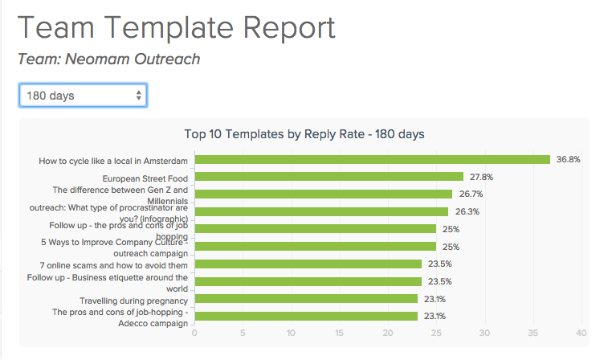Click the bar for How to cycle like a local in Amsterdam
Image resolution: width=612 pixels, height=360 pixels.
pos(373,159)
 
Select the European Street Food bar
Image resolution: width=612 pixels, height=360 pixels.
pos(329,177)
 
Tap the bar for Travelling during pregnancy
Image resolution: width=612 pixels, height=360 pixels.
pos(306,299)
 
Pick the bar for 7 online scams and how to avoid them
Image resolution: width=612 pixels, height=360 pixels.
pos(308,264)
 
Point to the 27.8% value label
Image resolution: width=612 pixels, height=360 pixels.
pos(482,177)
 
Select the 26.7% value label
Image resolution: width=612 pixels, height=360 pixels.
pos(471,194)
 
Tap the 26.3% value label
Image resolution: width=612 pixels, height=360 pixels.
pos(467,212)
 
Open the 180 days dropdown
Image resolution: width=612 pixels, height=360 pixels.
pos(84,96)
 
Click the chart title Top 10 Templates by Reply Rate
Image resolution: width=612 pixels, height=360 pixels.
pos(304,134)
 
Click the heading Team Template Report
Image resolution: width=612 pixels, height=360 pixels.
pos(176,28)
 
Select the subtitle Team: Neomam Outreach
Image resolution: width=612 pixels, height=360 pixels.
pos(108,59)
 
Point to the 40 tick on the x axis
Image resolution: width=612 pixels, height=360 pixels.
pos(581,333)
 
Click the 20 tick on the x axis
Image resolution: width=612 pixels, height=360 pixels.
pos(388,333)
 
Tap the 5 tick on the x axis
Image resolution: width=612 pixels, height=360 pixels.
pos(243,333)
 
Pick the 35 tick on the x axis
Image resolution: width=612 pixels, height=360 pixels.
pos(533,333)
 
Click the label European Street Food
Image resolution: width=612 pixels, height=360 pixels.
pos(145,178)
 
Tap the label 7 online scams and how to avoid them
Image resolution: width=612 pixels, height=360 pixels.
pos(113,264)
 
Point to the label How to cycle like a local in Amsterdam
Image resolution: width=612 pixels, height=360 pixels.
pos(113,160)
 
